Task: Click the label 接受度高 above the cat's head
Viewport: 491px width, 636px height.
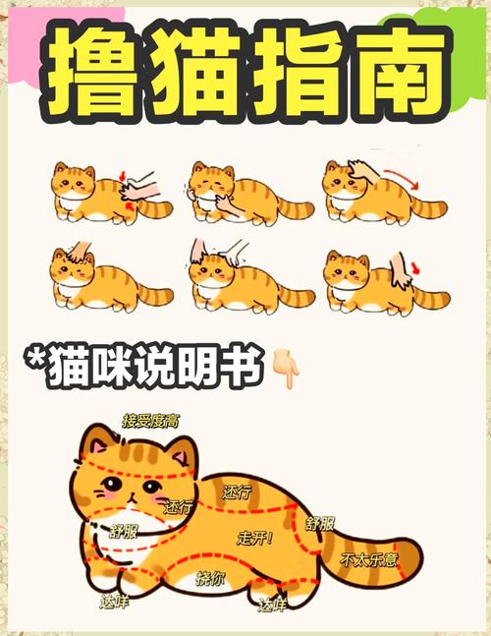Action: click(x=150, y=421)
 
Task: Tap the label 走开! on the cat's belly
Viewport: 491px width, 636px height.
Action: click(x=254, y=539)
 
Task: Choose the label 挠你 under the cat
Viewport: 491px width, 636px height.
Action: click(x=209, y=579)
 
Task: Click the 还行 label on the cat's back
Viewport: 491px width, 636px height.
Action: click(x=237, y=491)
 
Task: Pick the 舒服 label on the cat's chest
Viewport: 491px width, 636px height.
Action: click(x=124, y=531)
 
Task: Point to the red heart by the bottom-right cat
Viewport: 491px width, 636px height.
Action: click(x=416, y=266)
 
